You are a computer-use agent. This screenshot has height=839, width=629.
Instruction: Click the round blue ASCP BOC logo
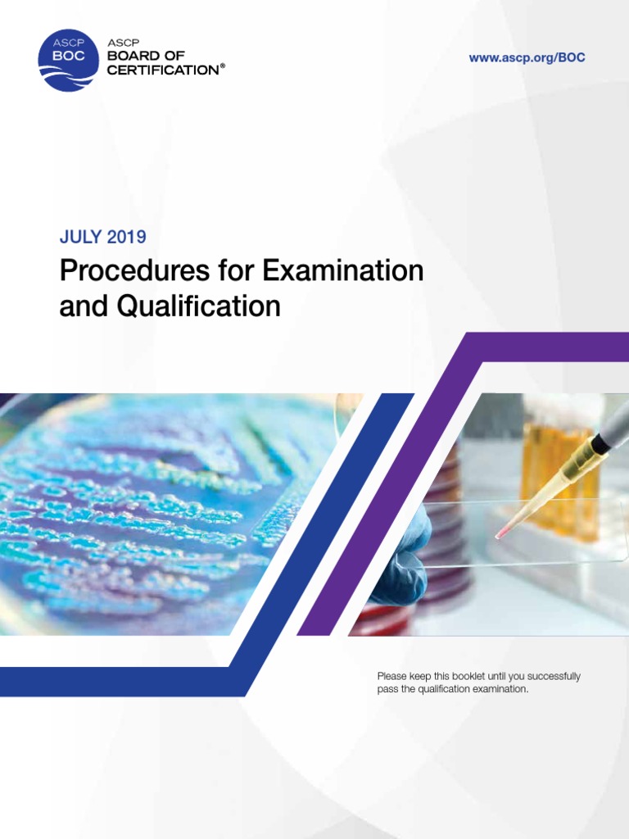pos(66,61)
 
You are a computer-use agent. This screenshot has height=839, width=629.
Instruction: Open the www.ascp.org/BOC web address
pos(527,58)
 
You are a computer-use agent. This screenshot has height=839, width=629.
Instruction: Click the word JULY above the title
pos(79,238)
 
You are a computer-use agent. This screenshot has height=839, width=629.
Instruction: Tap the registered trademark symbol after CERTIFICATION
pos(222,66)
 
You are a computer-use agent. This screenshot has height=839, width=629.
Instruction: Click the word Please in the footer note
pos(391,677)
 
